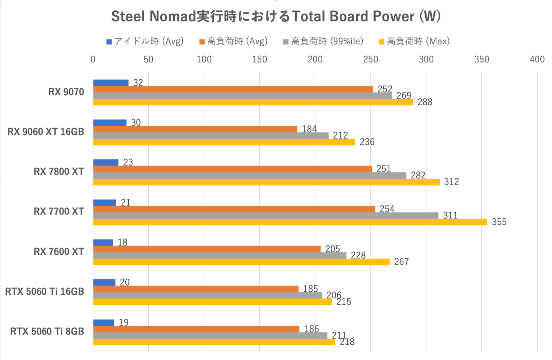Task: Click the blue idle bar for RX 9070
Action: pos(111,83)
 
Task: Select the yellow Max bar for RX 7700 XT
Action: pos(290,222)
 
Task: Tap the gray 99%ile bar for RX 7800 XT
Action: pos(249,176)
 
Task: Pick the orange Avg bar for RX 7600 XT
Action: pos(207,249)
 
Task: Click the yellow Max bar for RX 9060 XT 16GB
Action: pos(224,142)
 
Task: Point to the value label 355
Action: pos(499,222)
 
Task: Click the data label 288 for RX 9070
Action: pos(424,102)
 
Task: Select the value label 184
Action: pos(309,129)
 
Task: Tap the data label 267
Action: pos(401,262)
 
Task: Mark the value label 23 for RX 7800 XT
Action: pos(128,162)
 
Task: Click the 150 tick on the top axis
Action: pos(259,60)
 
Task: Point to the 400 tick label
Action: pos(537,60)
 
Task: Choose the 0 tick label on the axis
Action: pos(93,60)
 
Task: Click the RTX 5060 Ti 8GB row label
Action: pos(47,332)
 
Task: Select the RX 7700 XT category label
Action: pos(59,212)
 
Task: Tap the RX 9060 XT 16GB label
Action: pos(46,132)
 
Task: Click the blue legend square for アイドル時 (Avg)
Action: pos(109,42)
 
